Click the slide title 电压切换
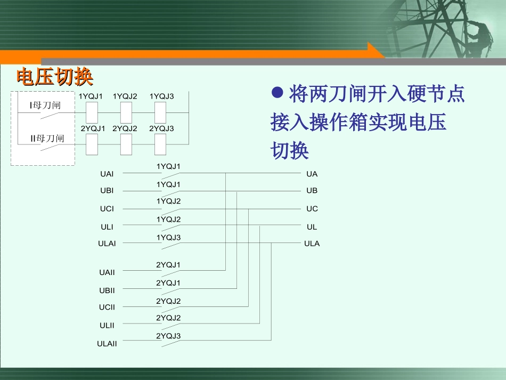55,77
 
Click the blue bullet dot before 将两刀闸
276,93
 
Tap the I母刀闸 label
45,105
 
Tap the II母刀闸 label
47,138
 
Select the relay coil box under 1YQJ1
92,112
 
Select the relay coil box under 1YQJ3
161,112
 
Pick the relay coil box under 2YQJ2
126,144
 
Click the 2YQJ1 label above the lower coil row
93,128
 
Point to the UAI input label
107,174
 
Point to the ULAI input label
107,244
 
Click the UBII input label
107,290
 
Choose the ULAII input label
107,344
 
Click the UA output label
312,174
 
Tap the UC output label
312,208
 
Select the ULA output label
312,244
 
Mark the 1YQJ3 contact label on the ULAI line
168,237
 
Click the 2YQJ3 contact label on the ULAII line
168,336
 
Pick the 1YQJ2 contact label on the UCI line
168,201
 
